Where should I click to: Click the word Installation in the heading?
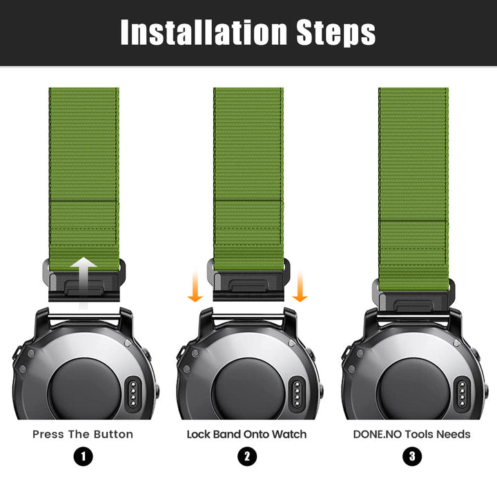click(x=204, y=32)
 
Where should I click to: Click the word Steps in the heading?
click(x=336, y=33)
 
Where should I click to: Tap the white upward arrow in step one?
click(x=84, y=282)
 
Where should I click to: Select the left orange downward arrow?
click(x=195, y=286)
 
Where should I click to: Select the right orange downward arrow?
click(x=300, y=286)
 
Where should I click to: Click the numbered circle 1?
click(x=84, y=456)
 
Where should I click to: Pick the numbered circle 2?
click(x=247, y=456)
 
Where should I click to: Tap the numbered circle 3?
click(x=412, y=456)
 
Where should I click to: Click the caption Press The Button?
click(x=83, y=434)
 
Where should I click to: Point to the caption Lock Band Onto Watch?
click(x=246, y=434)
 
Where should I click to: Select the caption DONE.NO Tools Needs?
click(x=411, y=434)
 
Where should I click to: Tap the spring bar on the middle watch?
click(x=248, y=316)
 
